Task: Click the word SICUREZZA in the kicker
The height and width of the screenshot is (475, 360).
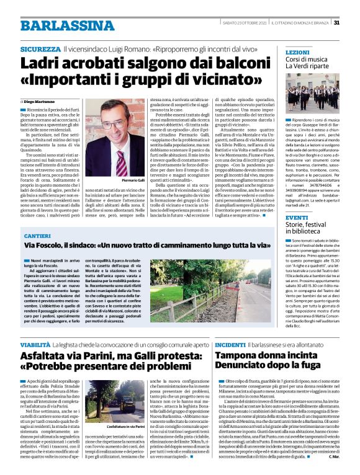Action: pyautogui.click(x=40, y=48)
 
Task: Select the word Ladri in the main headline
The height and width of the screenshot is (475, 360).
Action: pyautogui.click(x=45, y=63)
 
